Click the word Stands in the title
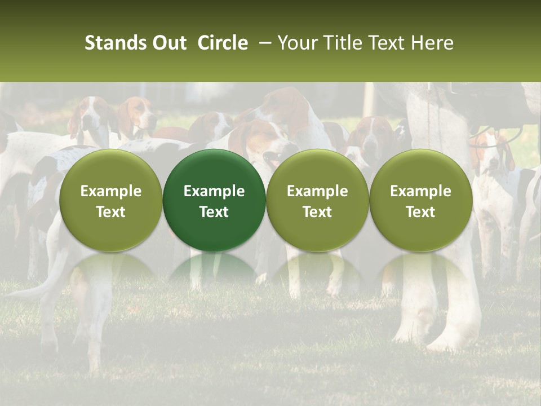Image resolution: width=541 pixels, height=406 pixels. point(116,43)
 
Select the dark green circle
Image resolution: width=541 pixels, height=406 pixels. point(214,200)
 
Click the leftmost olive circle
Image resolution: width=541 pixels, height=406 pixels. point(111,200)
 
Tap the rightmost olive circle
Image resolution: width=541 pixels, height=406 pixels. point(420,200)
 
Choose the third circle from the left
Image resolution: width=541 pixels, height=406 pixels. point(317,200)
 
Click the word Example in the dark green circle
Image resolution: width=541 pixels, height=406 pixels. point(214,191)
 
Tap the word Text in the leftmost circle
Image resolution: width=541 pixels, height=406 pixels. point(111,212)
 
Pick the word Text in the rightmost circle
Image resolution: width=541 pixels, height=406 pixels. point(420,212)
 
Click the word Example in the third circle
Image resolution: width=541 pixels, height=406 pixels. point(317,191)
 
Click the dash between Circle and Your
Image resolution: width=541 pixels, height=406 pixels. point(262,43)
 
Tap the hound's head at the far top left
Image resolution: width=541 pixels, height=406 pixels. point(90,113)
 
